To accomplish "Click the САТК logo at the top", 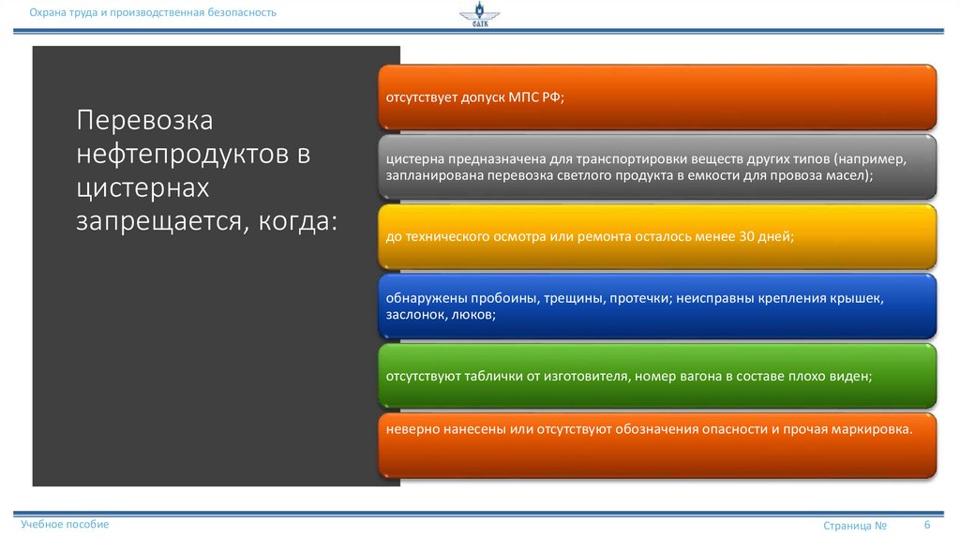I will (479, 16).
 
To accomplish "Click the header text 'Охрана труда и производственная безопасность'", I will (152, 12).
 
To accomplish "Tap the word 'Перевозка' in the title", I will (145, 121).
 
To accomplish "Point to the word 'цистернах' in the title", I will (142, 188).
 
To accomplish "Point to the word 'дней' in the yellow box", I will (775, 237).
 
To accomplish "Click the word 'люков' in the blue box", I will (472, 315).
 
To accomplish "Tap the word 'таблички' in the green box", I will (486, 376).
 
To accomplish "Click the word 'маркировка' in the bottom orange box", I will (875, 428).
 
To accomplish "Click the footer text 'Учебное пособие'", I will (66, 524).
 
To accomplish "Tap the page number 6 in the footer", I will (927, 524).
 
